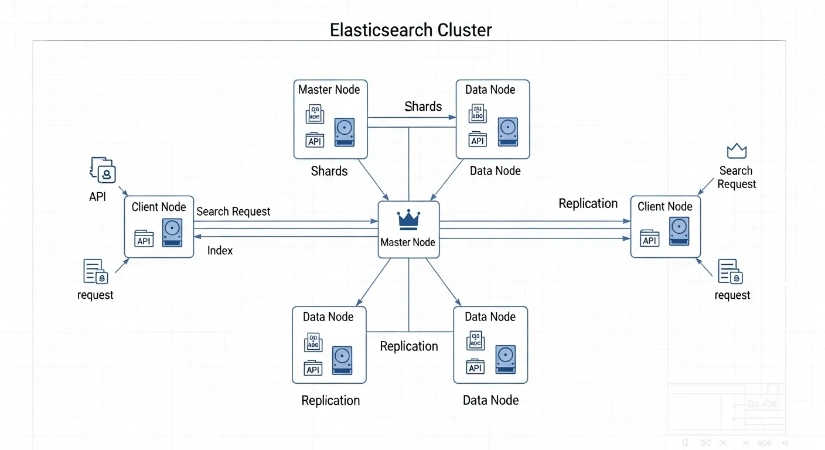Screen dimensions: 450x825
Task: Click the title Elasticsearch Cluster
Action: [411, 30]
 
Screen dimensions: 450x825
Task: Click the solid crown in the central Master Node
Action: [408, 220]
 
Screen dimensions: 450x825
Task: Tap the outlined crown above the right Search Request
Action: [737, 151]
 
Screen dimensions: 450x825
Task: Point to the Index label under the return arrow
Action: [220, 251]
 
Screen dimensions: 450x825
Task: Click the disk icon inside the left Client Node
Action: [172, 233]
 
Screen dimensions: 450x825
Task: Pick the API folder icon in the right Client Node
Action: [649, 238]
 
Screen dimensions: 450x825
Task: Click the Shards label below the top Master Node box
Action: [329, 171]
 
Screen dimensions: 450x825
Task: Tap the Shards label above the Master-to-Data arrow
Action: [423, 106]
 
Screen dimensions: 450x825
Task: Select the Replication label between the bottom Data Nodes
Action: [409, 346]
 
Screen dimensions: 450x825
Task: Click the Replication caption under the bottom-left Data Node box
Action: [330, 401]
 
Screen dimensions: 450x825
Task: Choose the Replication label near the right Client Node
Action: [588, 203]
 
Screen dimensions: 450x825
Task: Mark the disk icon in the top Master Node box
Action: [344, 132]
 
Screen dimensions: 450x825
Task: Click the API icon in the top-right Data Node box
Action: [477, 139]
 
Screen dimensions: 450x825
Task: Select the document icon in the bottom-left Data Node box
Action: [313, 343]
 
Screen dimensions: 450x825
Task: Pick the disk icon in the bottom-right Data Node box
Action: [505, 359]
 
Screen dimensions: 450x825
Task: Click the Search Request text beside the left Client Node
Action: [233, 212]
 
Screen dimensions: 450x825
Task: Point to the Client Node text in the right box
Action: [664, 206]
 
